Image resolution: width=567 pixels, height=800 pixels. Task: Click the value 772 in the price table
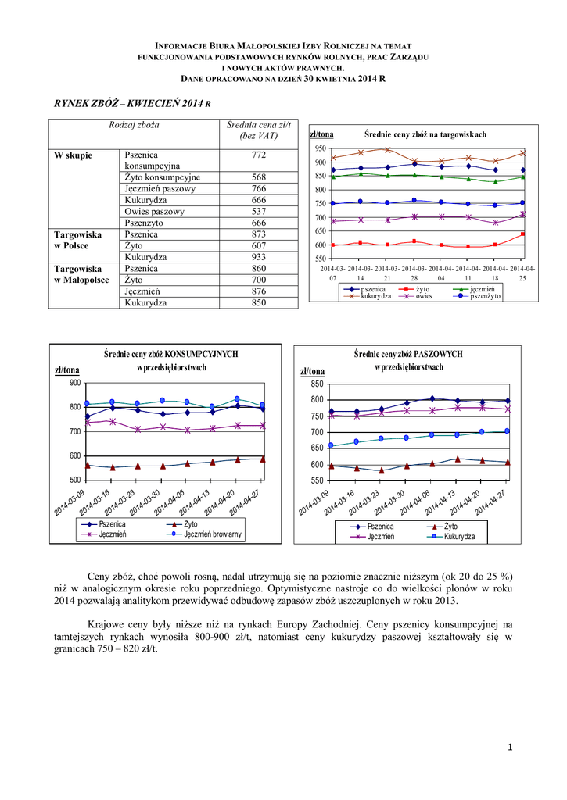(258, 155)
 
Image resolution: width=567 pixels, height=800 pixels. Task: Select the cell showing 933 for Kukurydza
(258, 256)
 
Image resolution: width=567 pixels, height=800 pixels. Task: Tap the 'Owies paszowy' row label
(154, 211)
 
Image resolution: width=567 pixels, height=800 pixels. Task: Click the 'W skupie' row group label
(73, 155)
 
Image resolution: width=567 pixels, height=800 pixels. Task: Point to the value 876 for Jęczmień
(258, 291)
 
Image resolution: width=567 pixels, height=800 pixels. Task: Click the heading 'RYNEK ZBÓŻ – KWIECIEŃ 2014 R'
(132, 103)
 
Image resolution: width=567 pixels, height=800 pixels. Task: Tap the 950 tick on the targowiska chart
(321, 148)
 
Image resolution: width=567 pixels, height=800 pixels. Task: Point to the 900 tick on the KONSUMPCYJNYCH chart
(74, 383)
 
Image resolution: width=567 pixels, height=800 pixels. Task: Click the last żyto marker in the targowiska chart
(523, 234)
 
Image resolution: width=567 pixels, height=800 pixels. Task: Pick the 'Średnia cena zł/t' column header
(258, 130)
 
